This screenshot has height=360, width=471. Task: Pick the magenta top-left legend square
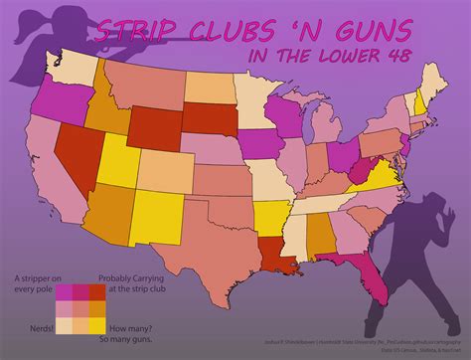pos(65,291)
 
